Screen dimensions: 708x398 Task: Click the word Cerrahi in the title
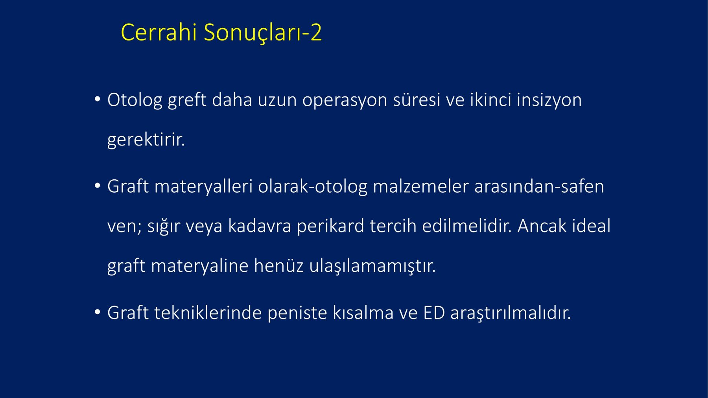click(x=159, y=32)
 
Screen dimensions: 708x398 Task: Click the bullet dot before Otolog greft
click(x=98, y=99)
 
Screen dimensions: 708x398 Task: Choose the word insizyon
click(x=549, y=100)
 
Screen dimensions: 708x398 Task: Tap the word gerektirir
click(x=146, y=140)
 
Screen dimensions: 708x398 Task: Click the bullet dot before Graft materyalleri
click(x=98, y=186)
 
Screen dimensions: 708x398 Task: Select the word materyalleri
click(x=203, y=187)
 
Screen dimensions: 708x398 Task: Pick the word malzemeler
click(x=420, y=186)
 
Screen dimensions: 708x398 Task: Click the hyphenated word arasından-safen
click(x=539, y=186)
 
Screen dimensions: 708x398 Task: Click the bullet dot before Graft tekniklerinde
click(x=98, y=312)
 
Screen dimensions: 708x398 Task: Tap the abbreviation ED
click(x=434, y=313)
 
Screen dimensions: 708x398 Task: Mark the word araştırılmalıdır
click(x=511, y=313)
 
